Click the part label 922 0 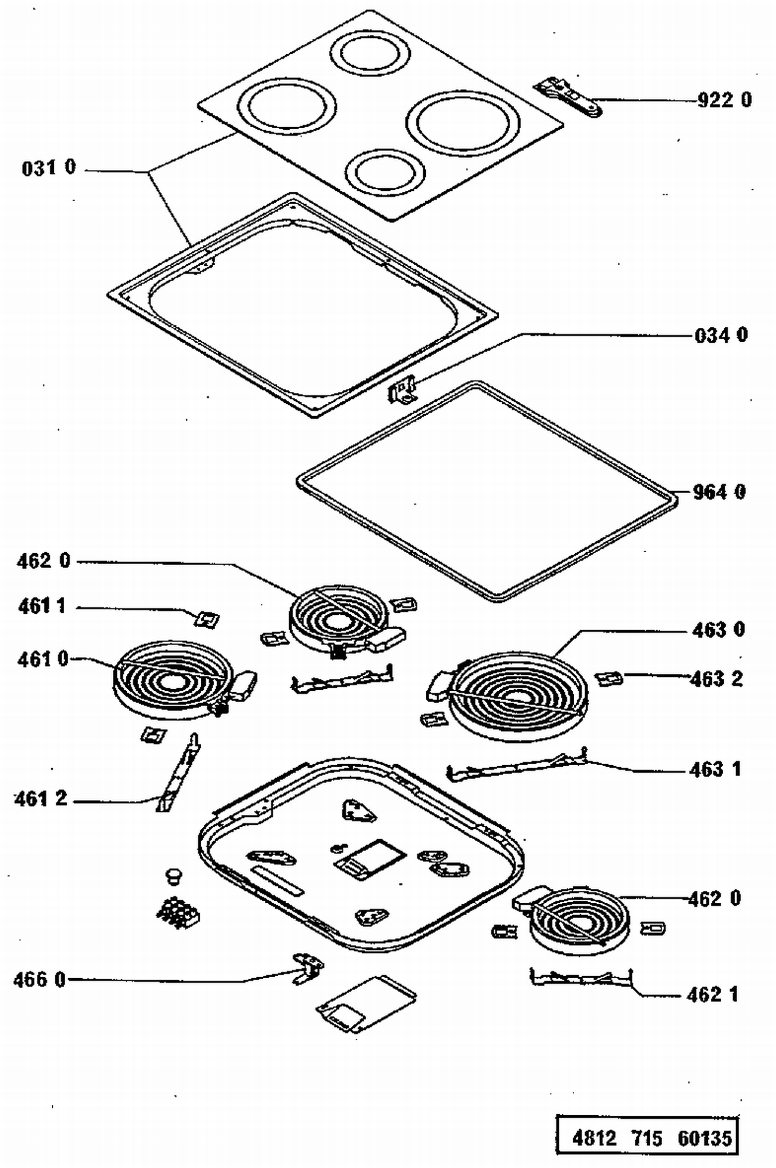724,99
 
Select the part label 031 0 49,168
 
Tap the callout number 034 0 721,335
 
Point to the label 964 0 719,492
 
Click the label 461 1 42,605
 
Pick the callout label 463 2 717,679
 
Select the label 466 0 40,980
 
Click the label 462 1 712,994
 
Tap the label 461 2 41,799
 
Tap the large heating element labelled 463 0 518,695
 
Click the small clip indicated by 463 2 608,678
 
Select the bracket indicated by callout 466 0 308,969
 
